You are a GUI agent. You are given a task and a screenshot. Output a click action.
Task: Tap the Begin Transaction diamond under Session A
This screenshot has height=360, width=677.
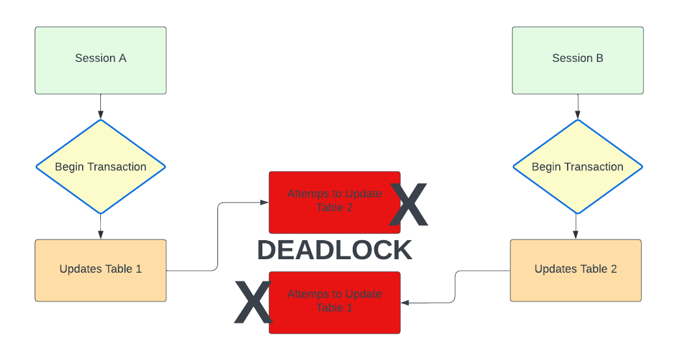coord(100,167)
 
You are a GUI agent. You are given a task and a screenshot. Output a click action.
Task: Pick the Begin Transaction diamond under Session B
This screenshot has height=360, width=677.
coord(577,167)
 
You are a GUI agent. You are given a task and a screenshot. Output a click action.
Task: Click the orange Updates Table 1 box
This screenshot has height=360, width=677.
coord(100,270)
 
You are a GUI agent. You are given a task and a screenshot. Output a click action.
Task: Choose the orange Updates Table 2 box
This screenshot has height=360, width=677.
coord(575,270)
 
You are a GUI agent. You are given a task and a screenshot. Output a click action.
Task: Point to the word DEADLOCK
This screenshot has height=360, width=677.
coord(335,251)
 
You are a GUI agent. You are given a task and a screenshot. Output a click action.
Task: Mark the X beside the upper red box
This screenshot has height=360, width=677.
coord(409,204)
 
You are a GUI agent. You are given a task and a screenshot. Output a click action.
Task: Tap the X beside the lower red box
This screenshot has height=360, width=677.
coord(253,303)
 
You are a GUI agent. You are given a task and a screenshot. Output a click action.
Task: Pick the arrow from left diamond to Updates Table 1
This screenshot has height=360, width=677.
coord(100,227)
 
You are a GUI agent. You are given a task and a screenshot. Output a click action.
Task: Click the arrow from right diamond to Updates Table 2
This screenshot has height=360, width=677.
coord(575,227)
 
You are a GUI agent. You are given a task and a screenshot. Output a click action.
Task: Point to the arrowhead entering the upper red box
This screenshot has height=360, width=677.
coord(265,202)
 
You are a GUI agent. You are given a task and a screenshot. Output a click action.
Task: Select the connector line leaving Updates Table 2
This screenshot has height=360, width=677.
coord(455,286)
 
